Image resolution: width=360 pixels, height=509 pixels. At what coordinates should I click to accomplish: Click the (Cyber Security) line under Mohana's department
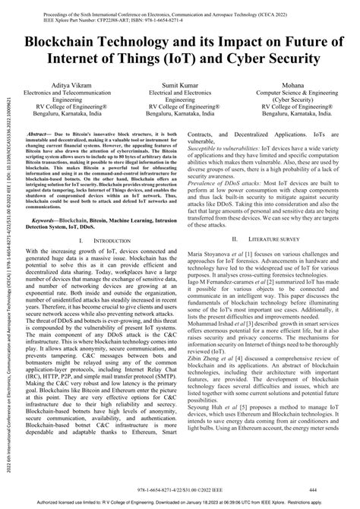(x=295, y=98)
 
